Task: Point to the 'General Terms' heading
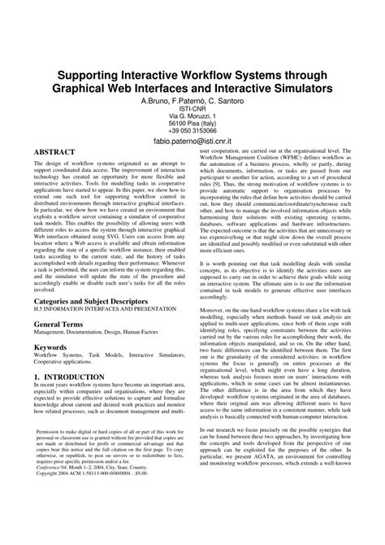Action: [62, 324]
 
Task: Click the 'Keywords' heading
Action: [50, 347]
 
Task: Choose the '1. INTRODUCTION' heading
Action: [73, 377]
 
